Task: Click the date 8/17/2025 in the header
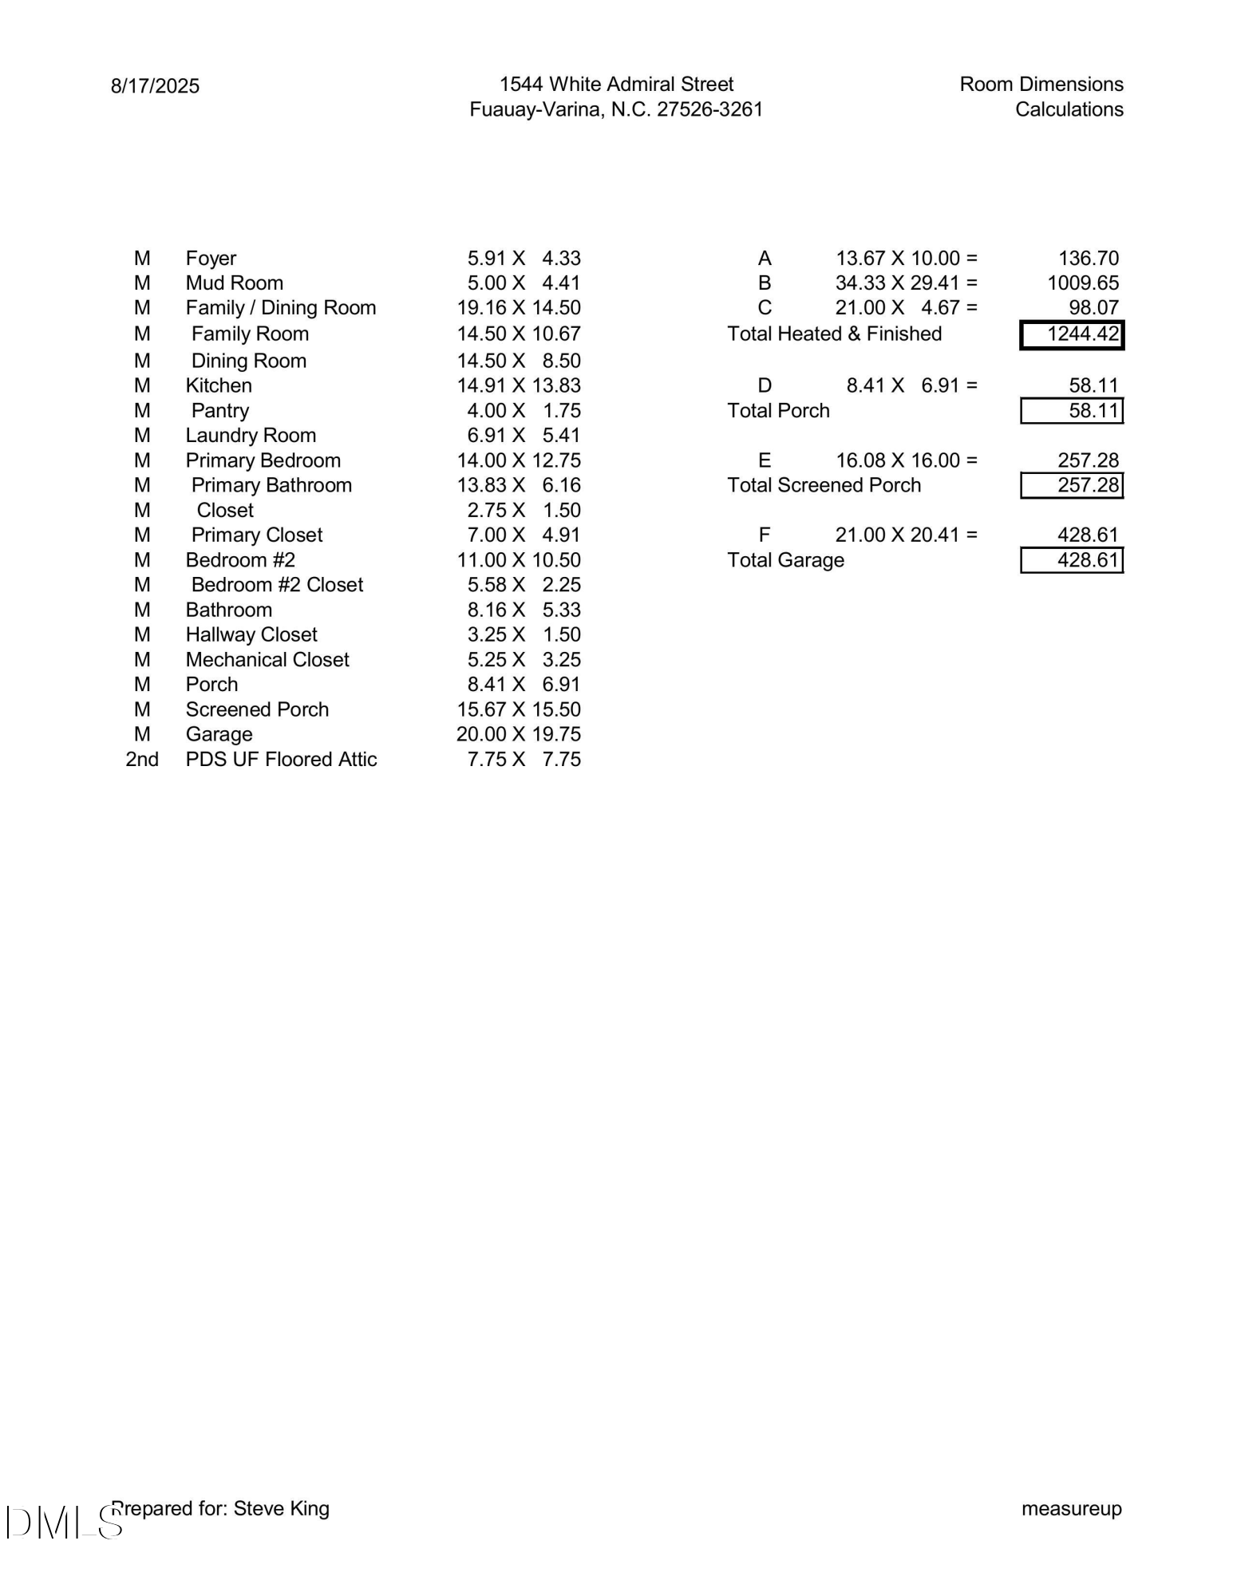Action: pyautogui.click(x=155, y=86)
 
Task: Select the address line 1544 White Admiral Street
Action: pyautogui.click(x=616, y=84)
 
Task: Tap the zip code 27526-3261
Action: pyautogui.click(x=709, y=109)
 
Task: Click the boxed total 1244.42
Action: pyautogui.click(x=1072, y=334)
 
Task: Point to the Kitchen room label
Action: pyautogui.click(x=219, y=385)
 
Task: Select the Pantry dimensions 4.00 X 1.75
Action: pyautogui.click(x=524, y=410)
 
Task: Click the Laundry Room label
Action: pyautogui.click(x=251, y=435)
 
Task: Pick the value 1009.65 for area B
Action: pyautogui.click(x=1083, y=282)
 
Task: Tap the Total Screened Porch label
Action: pyautogui.click(x=824, y=485)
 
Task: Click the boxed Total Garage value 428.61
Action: pyautogui.click(x=1072, y=560)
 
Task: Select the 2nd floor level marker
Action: pyautogui.click(x=142, y=759)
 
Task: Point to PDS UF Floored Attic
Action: pyautogui.click(x=281, y=759)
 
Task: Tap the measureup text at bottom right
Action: pyautogui.click(x=1071, y=1508)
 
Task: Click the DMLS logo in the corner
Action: pyautogui.click(x=64, y=1522)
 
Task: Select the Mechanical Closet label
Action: pyautogui.click(x=267, y=659)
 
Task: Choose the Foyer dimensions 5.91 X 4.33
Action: pyautogui.click(x=524, y=259)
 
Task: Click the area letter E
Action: pyautogui.click(x=765, y=460)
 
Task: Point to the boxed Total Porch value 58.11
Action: pyautogui.click(x=1072, y=411)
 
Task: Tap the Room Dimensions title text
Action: pyautogui.click(x=1041, y=84)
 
